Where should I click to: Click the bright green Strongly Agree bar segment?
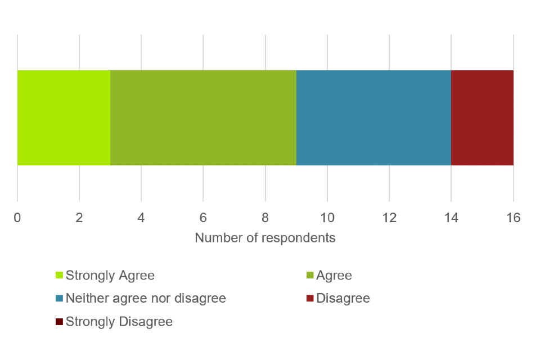[64, 118]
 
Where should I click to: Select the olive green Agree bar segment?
[203, 118]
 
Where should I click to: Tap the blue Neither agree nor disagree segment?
[373, 118]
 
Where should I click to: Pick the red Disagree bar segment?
[482, 118]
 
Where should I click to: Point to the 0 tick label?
[17, 218]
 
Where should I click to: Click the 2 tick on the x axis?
[79, 218]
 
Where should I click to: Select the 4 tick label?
[141, 218]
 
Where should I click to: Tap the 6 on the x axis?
[203, 218]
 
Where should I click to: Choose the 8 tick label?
[265, 218]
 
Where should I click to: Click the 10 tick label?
[327, 218]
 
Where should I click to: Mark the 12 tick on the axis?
[389, 218]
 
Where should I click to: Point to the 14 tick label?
[451, 218]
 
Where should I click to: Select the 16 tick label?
[513, 218]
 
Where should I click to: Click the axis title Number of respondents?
[265, 238]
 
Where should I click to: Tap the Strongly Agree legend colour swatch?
[59, 276]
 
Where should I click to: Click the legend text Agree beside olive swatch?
[334, 276]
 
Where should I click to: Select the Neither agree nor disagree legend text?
[146, 298]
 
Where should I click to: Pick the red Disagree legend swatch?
[309, 298]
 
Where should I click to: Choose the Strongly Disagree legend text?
[119, 322]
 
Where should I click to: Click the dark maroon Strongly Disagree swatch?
[59, 322]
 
